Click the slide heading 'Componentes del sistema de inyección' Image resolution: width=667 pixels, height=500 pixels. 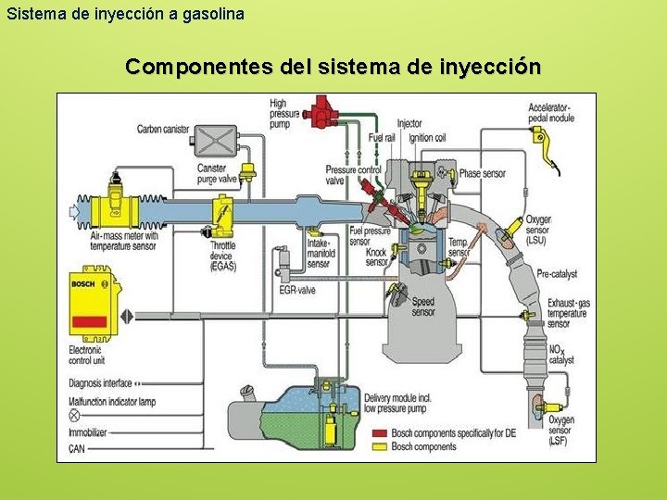(x=333, y=68)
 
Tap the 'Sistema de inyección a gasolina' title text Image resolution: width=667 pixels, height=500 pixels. (x=125, y=14)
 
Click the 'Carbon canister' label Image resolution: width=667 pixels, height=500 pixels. (x=163, y=130)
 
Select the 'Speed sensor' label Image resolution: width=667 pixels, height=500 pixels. (x=423, y=306)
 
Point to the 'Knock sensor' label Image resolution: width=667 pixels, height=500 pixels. (x=376, y=256)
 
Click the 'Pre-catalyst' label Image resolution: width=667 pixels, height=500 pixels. (x=557, y=274)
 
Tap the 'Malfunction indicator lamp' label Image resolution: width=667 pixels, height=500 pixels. (x=112, y=402)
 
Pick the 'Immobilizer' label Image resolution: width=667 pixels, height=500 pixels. (x=93, y=432)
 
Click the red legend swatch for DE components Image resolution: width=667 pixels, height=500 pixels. (x=379, y=433)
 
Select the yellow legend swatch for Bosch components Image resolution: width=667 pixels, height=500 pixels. (x=379, y=446)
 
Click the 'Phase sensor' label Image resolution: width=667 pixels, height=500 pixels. (x=483, y=173)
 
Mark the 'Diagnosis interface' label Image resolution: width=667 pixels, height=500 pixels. (x=101, y=382)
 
